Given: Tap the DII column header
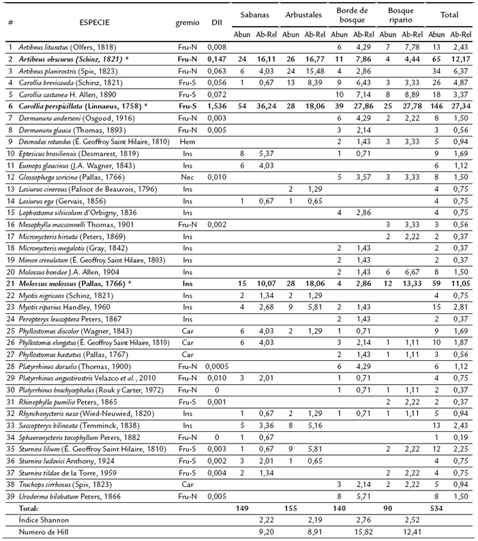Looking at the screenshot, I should (215, 22).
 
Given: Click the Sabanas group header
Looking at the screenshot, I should (251, 14).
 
